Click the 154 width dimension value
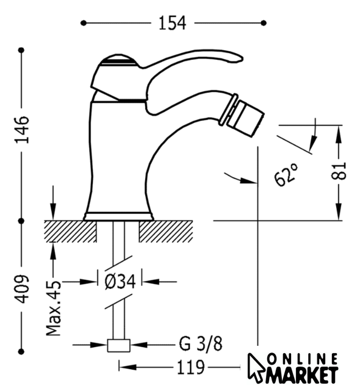click(172, 23)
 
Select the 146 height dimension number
click(22, 130)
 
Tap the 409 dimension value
click(22, 289)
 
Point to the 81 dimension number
click(339, 171)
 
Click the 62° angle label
click(286, 175)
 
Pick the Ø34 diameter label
click(120, 282)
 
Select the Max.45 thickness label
click(54, 308)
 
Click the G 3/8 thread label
click(201, 344)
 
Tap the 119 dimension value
click(191, 367)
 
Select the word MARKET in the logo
click(302, 375)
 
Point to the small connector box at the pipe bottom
click(119, 346)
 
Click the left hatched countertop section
click(70, 232)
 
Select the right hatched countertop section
click(166, 232)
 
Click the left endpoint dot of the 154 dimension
click(84, 23)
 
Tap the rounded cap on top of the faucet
click(119, 60)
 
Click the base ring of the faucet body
click(118, 216)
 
